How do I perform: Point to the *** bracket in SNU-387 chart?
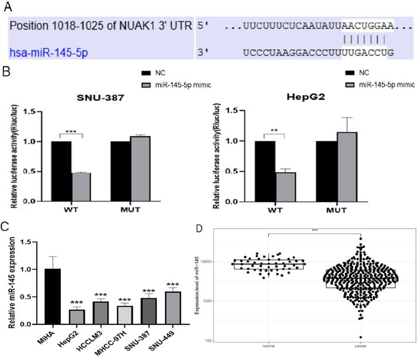72,132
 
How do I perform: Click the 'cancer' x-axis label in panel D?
360,346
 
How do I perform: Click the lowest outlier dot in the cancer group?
360,338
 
